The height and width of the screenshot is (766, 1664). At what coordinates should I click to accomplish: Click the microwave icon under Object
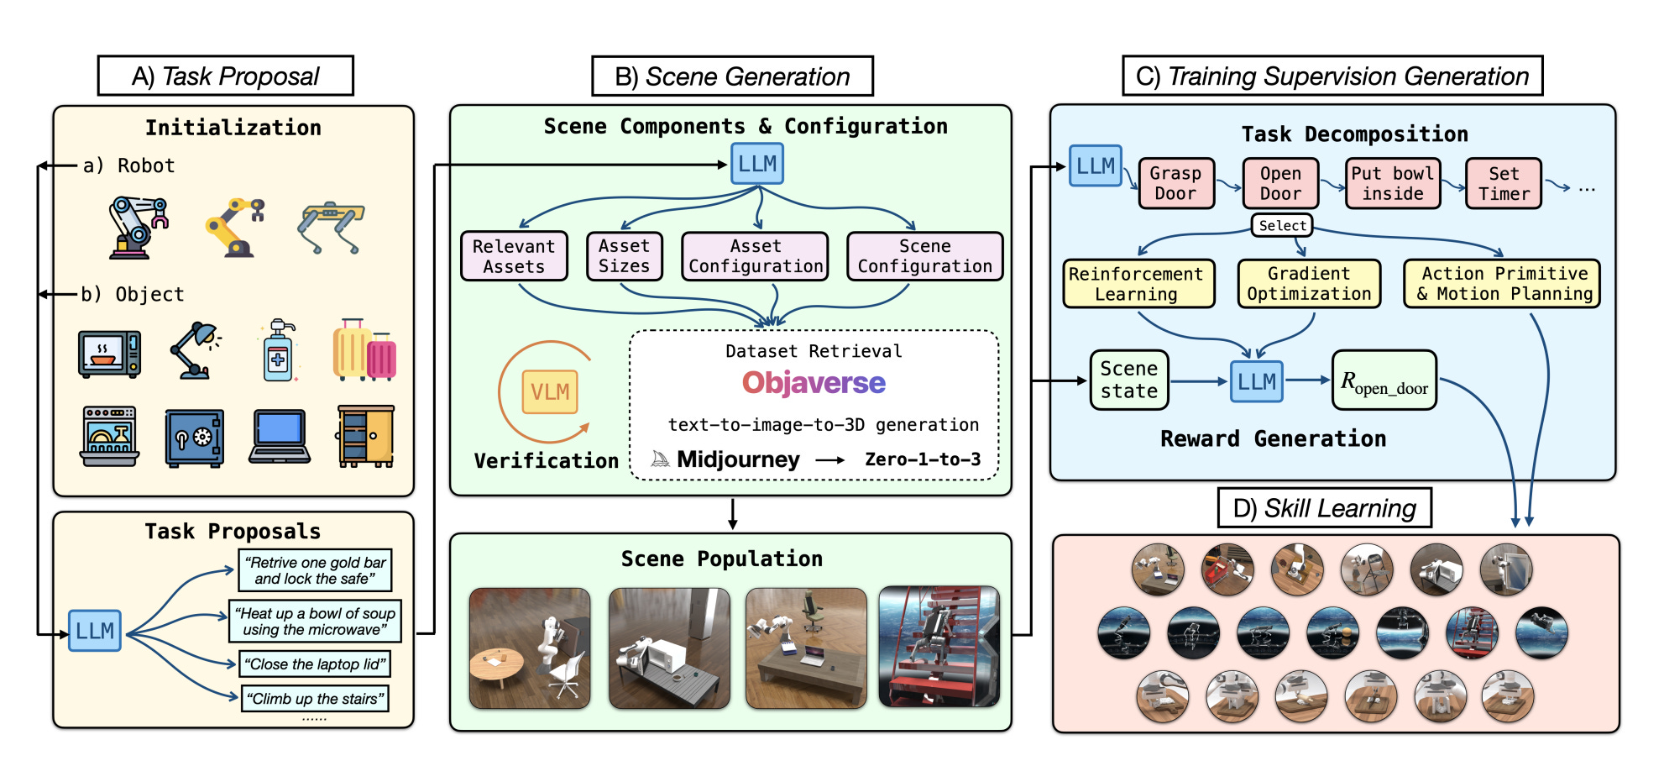point(109,354)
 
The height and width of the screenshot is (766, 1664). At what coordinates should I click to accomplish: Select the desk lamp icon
point(196,350)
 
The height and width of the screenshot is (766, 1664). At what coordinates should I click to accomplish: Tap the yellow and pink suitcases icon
point(364,349)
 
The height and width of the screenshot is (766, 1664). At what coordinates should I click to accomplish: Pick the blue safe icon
point(195,438)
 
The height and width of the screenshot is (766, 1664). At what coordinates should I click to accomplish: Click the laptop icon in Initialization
point(280,437)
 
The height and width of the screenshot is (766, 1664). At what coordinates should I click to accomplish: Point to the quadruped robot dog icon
point(332,226)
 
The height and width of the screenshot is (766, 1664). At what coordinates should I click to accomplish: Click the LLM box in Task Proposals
point(95,631)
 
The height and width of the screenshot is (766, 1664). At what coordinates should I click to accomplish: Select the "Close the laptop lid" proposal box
point(315,664)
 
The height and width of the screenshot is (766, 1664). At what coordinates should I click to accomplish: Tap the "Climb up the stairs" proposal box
point(316,699)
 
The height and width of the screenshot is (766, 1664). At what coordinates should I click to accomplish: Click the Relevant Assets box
point(514,256)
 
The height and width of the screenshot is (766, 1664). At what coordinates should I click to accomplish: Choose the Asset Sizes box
point(624,256)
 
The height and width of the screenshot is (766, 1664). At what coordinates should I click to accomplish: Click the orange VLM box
point(550,392)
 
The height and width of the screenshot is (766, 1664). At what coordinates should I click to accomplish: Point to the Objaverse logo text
point(814,383)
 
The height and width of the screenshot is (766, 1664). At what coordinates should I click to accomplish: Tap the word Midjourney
point(738,459)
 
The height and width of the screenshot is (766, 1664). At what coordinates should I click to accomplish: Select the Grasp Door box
point(1175,183)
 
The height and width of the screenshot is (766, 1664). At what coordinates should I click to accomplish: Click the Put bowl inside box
point(1393,183)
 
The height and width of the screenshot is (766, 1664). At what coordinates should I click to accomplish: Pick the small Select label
point(1282,225)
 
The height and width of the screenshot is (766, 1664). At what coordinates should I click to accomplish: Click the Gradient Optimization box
point(1309,284)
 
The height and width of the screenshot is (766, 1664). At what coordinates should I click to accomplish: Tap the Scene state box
point(1129,380)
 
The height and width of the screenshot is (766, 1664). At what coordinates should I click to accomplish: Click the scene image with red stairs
point(939,647)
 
